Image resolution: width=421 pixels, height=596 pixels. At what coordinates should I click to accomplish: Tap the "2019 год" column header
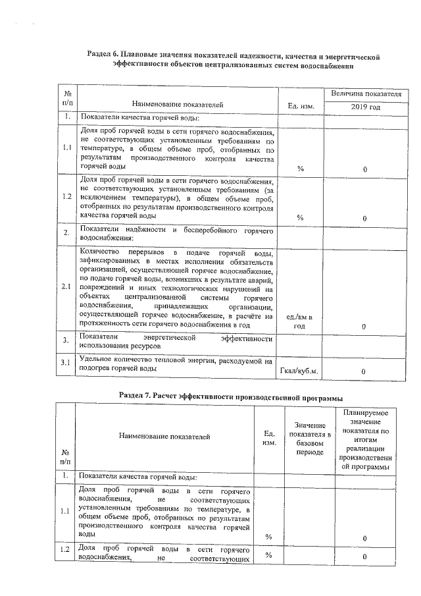pos(365,106)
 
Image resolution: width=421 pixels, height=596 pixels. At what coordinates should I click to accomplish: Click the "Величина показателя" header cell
pos(365,94)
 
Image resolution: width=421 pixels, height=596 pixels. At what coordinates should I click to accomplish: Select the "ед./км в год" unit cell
pos(300,322)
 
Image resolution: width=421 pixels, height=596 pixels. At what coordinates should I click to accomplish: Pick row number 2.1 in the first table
pos(66,286)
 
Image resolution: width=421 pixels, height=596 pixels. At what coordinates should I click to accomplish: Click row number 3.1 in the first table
pos(66,363)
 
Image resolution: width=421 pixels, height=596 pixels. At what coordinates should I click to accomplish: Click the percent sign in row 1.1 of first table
pos(301,169)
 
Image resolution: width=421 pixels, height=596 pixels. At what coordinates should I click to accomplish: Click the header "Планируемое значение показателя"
pos(368,439)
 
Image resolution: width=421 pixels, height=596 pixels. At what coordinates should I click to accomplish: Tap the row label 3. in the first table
pos(66,340)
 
